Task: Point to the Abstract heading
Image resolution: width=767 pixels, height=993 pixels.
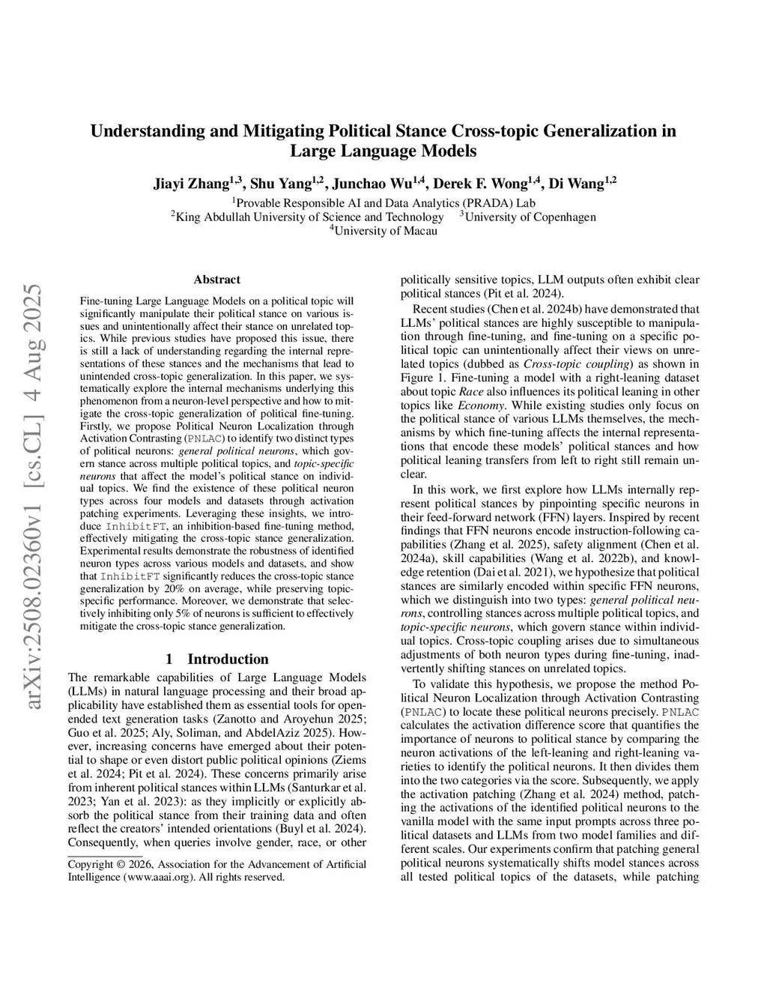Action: (216, 280)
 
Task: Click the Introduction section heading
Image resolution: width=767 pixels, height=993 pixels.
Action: (228, 659)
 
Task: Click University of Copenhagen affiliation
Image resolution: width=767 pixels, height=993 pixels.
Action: (530, 217)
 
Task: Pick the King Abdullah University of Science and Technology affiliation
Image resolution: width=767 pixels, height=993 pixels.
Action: (310, 217)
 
